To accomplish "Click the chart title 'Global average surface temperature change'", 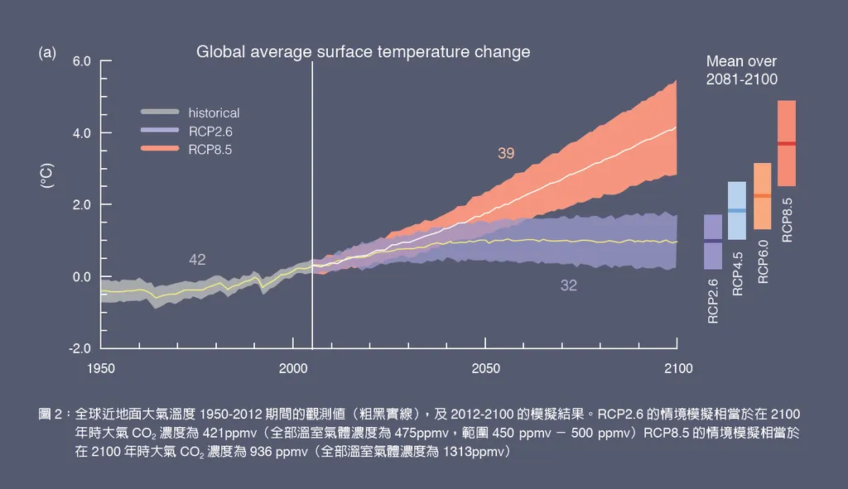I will (363, 52).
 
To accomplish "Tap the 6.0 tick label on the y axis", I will (81, 61).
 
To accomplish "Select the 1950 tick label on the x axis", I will (100, 368).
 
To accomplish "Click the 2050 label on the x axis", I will (485, 368).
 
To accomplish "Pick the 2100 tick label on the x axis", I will (677, 368).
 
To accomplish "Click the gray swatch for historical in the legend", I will (160, 113).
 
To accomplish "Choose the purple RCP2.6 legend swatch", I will (160, 131).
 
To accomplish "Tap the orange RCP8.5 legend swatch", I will (160, 149).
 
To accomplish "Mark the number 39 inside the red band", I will (506, 153).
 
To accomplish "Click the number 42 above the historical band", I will (197, 260).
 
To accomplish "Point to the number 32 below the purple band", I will (569, 285).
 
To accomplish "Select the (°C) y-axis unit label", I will (47, 177).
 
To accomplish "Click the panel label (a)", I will (47, 53).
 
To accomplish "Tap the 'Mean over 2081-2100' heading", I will (741, 70).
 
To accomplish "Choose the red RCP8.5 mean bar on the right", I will (787, 143).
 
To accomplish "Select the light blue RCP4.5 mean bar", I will (737, 211).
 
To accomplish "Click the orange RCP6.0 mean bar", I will (763, 196).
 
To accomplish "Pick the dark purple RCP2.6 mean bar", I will (712, 242).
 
